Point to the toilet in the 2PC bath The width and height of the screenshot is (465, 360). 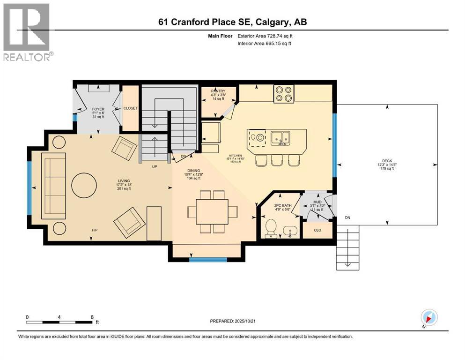[271, 230]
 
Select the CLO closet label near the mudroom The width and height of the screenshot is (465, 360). [317, 230]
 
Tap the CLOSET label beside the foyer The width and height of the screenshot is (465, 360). [130, 108]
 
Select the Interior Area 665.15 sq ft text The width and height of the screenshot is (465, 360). [264, 43]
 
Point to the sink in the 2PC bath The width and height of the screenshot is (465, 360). [290, 231]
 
